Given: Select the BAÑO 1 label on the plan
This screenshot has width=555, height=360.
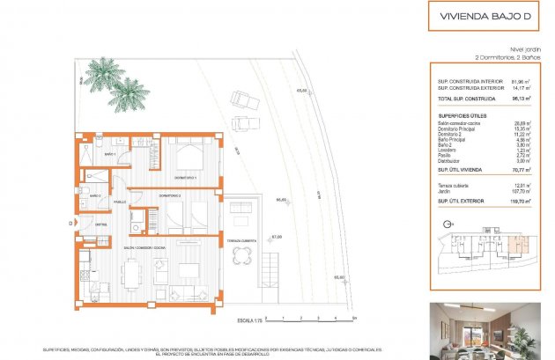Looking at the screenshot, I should click(110, 155).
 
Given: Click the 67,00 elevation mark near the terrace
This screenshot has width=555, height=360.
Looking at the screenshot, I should click(276, 237).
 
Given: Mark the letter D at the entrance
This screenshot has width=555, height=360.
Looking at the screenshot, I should click(69, 224).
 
